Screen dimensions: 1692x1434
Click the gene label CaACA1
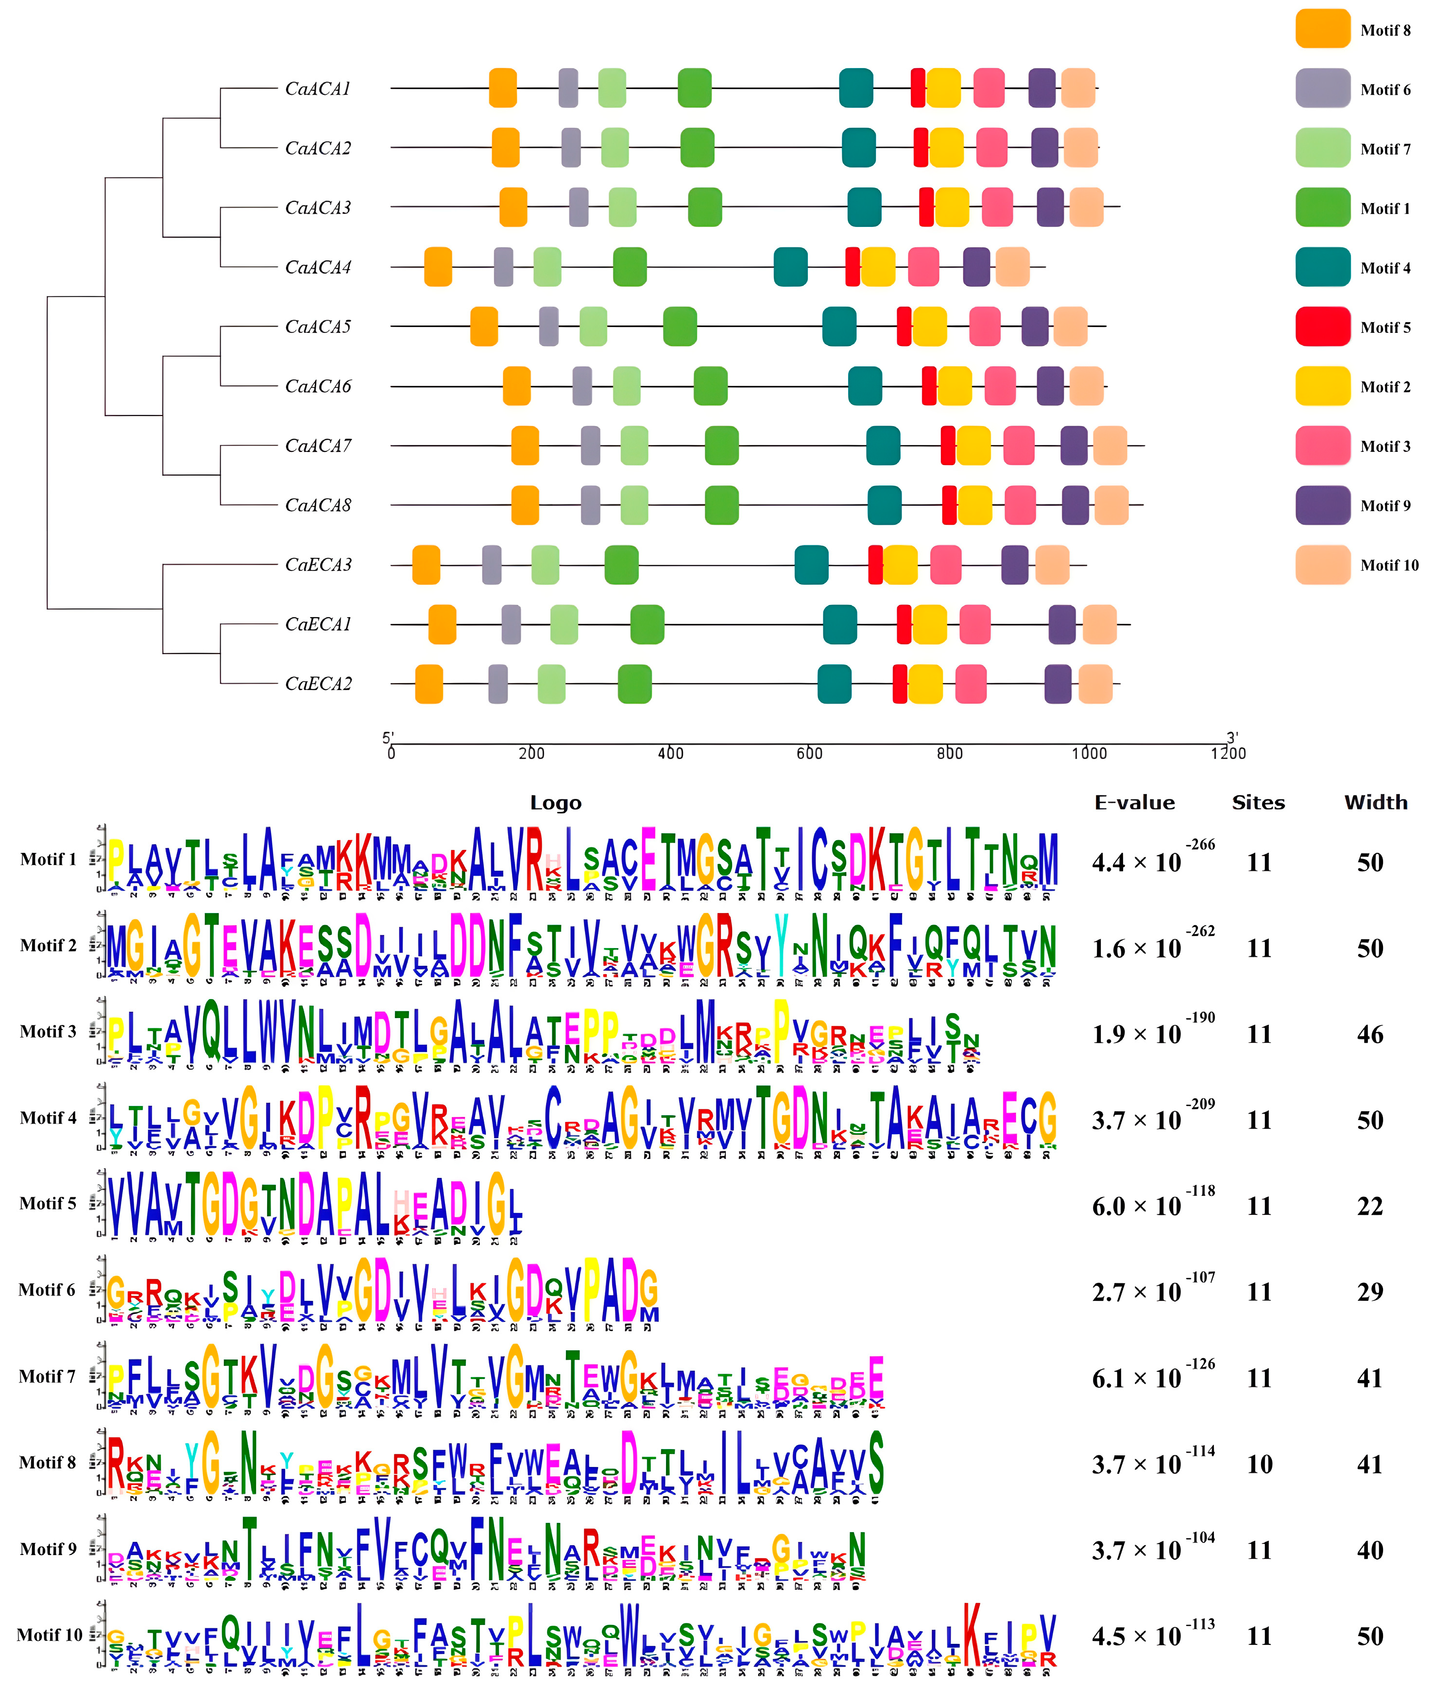[x=318, y=88]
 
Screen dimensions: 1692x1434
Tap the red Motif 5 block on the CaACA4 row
[x=852, y=267]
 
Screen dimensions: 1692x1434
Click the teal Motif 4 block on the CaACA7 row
[x=883, y=446]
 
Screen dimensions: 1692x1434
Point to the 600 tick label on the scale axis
[x=810, y=754]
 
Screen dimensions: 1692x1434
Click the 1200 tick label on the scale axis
[x=1228, y=754]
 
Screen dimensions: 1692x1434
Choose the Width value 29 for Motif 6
[x=1370, y=1292]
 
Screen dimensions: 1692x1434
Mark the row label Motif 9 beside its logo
[x=49, y=1550]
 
